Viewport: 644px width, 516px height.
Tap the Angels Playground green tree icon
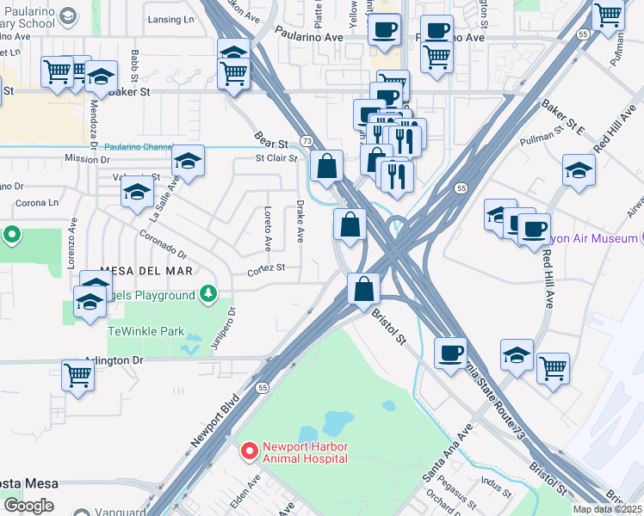[x=207, y=295]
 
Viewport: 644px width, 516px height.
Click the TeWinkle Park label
[x=146, y=330]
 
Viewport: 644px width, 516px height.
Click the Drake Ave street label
[x=300, y=221]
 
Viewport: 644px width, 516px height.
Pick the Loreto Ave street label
[x=268, y=229]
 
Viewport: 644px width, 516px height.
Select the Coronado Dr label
[x=164, y=242]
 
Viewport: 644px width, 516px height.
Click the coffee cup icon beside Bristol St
[x=449, y=352]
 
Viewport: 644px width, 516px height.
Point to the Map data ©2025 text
[x=608, y=509]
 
